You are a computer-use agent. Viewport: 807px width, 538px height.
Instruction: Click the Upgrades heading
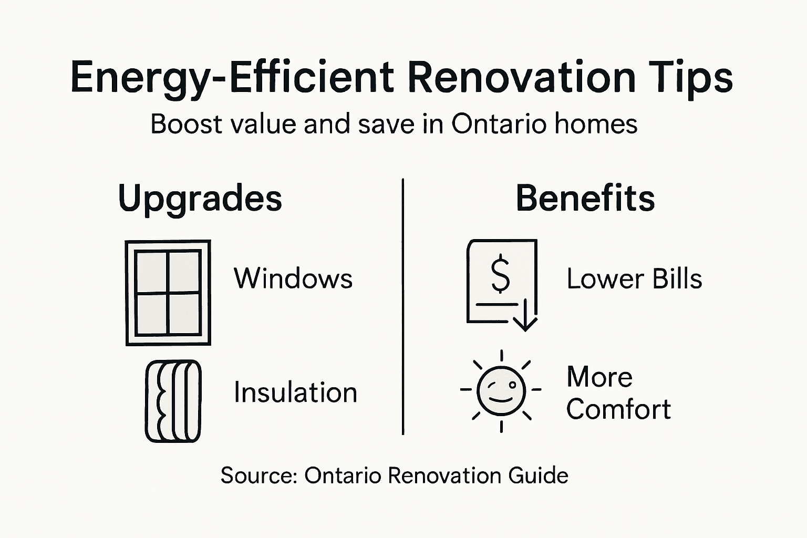[x=200, y=199]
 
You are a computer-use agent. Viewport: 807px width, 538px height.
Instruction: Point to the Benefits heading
[x=585, y=198]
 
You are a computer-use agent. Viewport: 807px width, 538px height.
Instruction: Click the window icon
[x=168, y=293]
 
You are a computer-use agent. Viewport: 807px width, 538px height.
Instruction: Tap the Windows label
[x=293, y=278]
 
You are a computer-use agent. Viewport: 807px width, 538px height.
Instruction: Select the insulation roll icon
[x=173, y=401]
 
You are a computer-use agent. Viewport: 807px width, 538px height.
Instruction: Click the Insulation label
[x=295, y=392]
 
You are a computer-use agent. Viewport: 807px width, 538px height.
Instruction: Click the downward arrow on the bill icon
[x=525, y=317]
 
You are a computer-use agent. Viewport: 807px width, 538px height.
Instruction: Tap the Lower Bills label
[x=634, y=278]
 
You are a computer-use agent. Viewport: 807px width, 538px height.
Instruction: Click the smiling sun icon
[x=501, y=390]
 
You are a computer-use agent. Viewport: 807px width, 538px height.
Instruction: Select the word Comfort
[x=618, y=409]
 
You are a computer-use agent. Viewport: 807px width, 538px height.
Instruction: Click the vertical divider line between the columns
[x=403, y=307]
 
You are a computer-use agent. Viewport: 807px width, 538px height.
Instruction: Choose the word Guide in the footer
[x=539, y=475]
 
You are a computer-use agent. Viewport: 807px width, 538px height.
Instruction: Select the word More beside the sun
[x=599, y=377]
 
